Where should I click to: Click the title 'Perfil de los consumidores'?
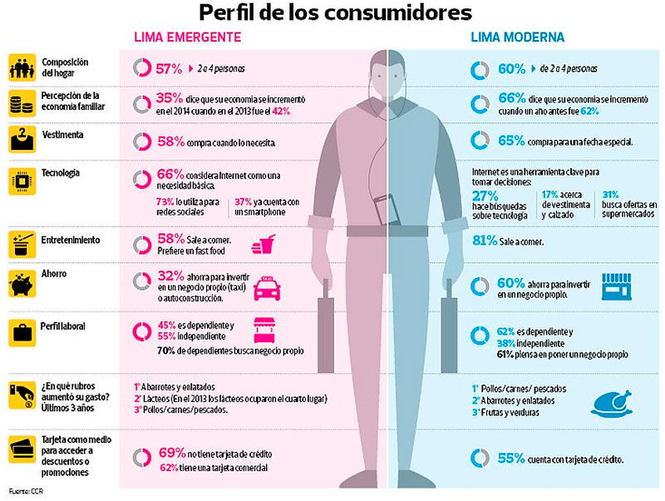[334, 12]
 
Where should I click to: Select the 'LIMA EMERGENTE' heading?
[188, 37]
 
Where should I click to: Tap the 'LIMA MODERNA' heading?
[517, 37]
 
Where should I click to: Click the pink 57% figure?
[170, 68]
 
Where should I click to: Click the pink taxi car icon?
[266, 289]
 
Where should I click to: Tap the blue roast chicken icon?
[613, 403]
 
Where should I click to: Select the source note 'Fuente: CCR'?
[27, 492]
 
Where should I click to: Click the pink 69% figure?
[172, 453]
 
